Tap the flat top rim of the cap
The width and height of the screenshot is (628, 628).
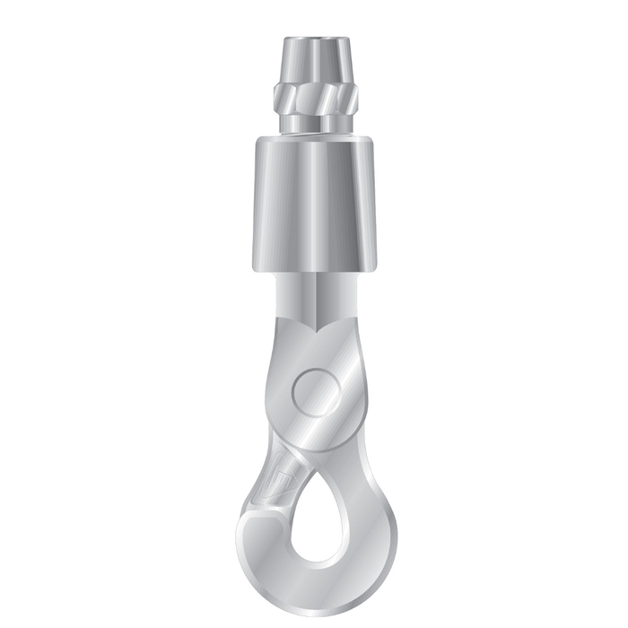pos(314,39)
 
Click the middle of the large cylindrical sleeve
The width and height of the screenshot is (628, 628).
pos(314,202)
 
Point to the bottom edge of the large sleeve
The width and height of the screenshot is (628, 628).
pos(314,268)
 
